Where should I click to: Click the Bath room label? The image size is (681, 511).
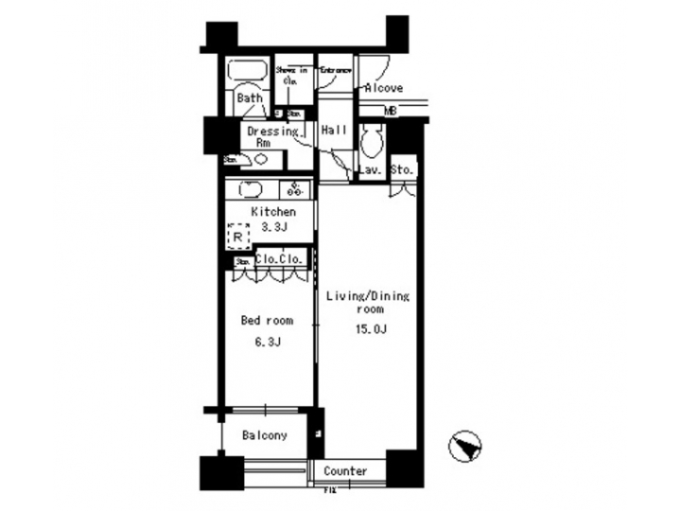click(250, 97)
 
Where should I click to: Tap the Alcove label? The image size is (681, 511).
click(384, 88)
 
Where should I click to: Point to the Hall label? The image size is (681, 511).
click(333, 130)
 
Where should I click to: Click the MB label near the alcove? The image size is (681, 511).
click(391, 111)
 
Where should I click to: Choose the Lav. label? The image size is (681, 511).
click(370, 170)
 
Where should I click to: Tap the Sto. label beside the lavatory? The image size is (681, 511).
click(401, 170)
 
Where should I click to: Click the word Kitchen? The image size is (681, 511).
click(273, 212)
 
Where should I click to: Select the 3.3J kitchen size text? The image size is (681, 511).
click(273, 227)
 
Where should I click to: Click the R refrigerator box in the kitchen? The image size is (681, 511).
click(236, 236)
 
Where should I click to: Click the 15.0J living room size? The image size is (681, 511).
click(368, 328)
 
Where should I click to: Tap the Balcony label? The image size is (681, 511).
click(264, 435)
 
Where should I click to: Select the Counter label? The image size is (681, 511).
click(345, 470)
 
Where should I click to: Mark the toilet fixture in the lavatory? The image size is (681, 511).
click(371, 143)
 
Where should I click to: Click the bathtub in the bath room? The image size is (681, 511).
click(250, 74)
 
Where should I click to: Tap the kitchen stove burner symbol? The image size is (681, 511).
click(296, 186)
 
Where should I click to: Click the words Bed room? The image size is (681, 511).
click(267, 321)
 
